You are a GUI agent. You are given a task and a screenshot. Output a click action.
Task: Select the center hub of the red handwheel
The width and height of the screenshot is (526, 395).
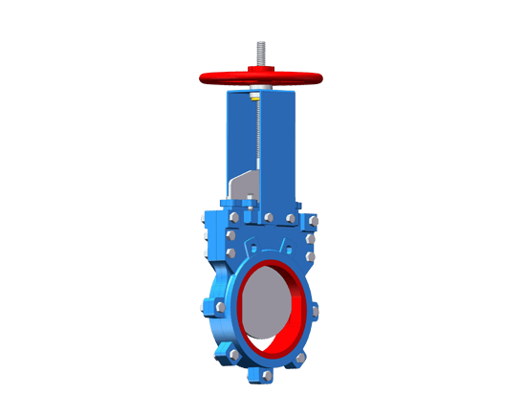[259, 73]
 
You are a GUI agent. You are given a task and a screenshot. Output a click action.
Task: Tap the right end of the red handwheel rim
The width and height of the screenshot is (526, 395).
[316, 77]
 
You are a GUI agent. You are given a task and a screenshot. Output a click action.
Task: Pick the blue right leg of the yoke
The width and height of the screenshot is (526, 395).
[283, 143]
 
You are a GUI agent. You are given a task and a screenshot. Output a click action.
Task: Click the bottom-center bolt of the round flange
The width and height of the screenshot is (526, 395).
[254, 376]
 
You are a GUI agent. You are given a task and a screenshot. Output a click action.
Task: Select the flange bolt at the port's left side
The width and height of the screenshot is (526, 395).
[220, 306]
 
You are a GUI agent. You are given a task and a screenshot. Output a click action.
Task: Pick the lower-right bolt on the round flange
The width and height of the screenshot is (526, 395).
[300, 358]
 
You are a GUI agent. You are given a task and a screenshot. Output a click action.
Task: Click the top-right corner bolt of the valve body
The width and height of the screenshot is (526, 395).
[314, 222]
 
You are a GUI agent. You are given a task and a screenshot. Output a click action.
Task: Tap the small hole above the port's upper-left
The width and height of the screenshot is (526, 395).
[230, 252]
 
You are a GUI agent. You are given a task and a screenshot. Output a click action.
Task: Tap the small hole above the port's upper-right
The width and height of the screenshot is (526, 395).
[309, 256]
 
